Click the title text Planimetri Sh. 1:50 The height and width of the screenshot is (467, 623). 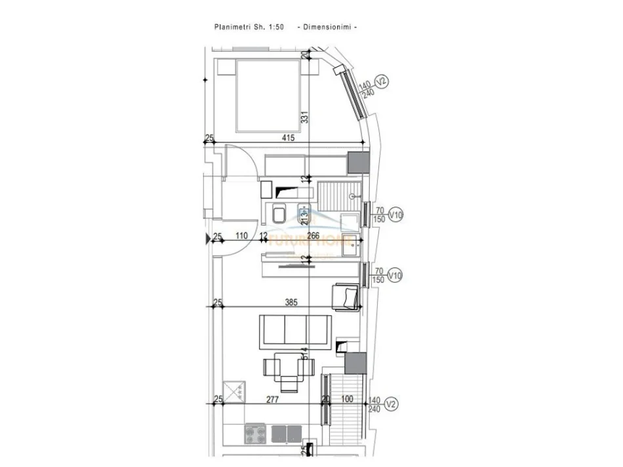(249, 27)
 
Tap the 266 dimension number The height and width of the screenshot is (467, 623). (313, 236)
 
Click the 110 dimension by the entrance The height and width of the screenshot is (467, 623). (241, 236)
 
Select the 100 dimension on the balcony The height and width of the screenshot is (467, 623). (347, 399)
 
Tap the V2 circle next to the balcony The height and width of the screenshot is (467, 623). (391, 404)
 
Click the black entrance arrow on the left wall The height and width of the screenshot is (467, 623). (210, 238)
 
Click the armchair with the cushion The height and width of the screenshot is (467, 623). (345, 297)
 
